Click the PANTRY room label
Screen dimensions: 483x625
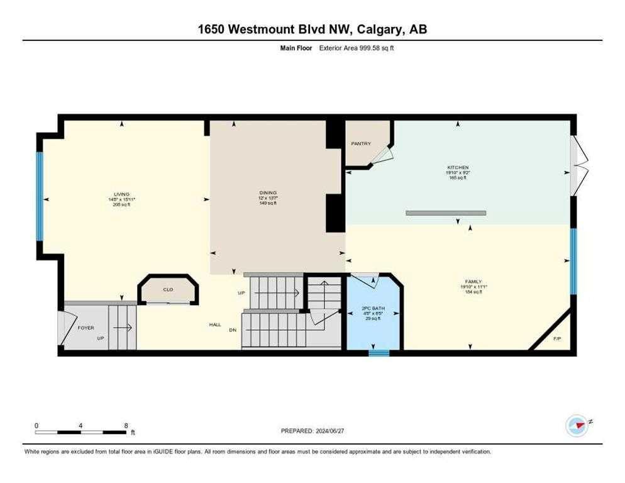click(x=360, y=144)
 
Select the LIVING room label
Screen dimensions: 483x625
click(x=121, y=194)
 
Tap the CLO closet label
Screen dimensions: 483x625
click(x=168, y=290)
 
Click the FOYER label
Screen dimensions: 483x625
click(x=86, y=328)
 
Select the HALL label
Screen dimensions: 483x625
click(x=215, y=325)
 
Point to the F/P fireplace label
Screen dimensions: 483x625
click(x=556, y=339)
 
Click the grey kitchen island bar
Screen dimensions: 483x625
click(x=446, y=213)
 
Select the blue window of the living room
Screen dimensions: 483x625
click(x=39, y=197)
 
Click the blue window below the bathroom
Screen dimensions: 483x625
click(x=379, y=353)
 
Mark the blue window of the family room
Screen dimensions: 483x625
click(x=573, y=261)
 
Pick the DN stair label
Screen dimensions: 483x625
click(x=233, y=330)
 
